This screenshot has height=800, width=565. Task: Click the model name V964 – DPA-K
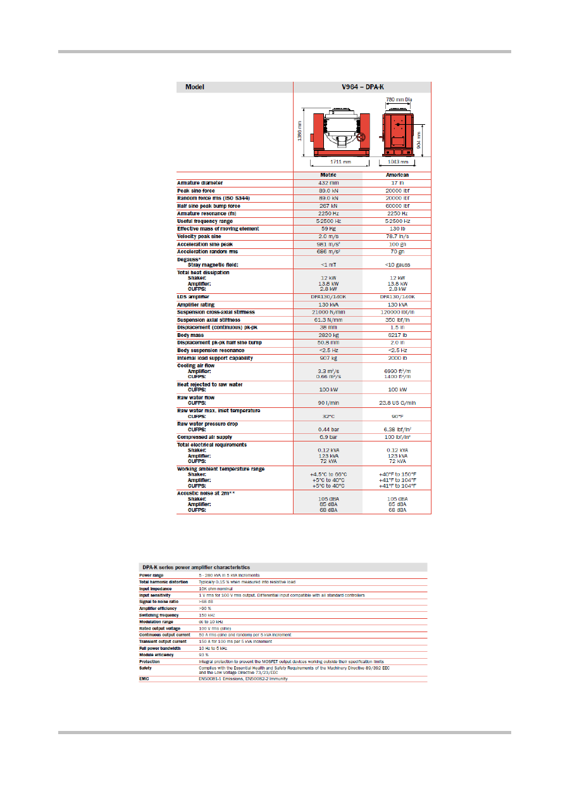(362, 87)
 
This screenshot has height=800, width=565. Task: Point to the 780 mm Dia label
(399, 99)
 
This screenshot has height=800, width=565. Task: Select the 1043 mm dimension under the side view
(397, 162)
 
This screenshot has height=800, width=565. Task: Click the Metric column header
(329, 175)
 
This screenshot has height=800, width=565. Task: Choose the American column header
(397, 175)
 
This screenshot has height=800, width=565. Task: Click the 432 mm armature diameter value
(329, 183)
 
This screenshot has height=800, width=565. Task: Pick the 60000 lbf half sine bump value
(397, 206)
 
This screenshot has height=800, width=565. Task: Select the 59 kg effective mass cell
(329, 229)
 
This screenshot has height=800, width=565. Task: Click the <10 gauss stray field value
(397, 263)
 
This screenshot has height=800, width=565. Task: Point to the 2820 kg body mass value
(329, 334)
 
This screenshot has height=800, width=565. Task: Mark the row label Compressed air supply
(204, 437)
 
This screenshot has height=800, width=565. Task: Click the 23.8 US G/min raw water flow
(397, 402)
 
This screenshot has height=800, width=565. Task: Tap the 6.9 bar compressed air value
(329, 437)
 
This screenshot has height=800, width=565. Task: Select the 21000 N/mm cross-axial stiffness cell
(329, 312)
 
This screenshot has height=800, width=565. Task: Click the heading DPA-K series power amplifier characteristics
(196, 568)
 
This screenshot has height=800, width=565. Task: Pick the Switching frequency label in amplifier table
(159, 615)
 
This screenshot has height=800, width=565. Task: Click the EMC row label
(145, 678)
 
